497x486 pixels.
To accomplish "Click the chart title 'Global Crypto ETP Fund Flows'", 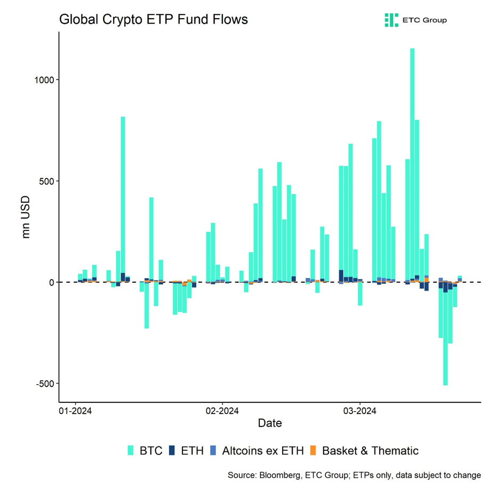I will (153, 20).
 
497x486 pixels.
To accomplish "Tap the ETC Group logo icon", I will (391, 20).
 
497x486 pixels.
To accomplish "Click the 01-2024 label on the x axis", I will (75, 411).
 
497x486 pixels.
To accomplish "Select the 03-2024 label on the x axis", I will (359, 411).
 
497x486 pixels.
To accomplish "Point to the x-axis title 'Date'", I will (269, 424).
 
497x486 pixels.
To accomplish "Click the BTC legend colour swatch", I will (131, 451).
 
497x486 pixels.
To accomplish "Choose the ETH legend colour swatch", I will (172, 451).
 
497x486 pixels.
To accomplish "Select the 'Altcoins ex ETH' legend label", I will (262, 451).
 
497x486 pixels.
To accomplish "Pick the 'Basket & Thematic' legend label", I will (370, 451).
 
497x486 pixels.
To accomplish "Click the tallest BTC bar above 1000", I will (412, 160).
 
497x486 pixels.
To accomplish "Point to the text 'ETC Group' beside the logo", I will (425, 20).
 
